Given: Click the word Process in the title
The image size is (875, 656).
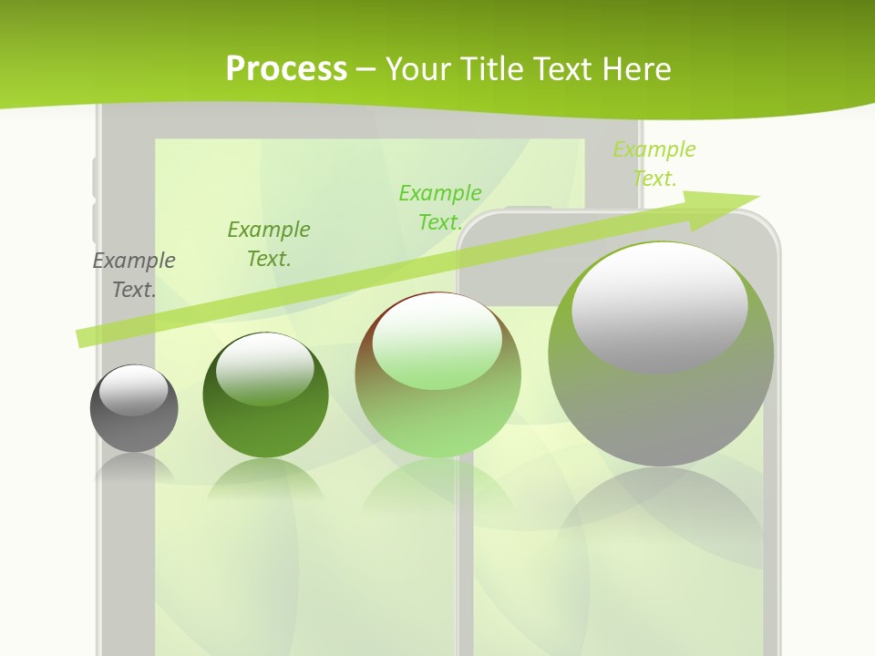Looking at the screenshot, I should point(286,69).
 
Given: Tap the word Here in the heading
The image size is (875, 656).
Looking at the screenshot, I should point(636,69).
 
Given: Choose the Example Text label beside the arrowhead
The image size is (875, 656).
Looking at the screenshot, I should point(654,164).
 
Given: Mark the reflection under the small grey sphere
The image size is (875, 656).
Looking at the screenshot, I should point(134,467).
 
